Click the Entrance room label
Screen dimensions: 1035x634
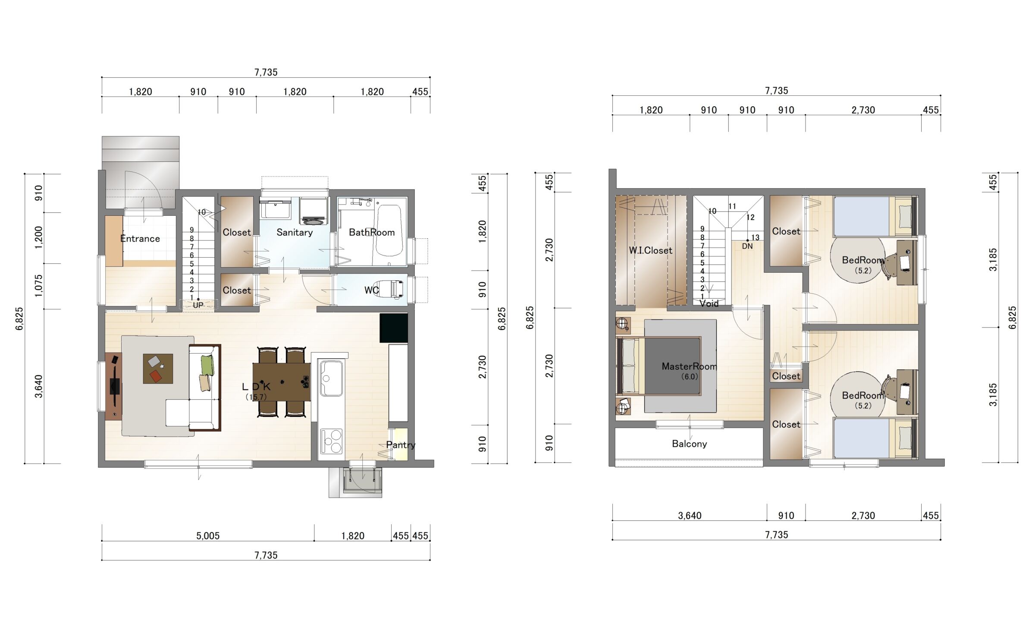click(x=140, y=239)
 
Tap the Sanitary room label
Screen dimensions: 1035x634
click(x=295, y=233)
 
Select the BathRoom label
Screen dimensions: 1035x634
click(x=372, y=233)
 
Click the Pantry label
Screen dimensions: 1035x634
click(x=401, y=445)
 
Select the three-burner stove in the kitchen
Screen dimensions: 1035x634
click(x=331, y=441)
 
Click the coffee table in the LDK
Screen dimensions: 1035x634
click(x=158, y=369)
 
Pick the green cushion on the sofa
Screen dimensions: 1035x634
click(x=207, y=365)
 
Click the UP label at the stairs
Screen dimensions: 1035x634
click(x=198, y=305)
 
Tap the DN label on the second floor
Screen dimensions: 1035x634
click(x=747, y=246)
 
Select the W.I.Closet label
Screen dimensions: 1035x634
click(x=650, y=250)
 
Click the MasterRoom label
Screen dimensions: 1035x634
click(x=689, y=366)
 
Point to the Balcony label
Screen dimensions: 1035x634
click(x=689, y=444)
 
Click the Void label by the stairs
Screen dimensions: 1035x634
click(x=709, y=304)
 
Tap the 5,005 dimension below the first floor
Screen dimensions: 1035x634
click(x=208, y=536)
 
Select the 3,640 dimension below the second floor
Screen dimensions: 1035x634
click(x=690, y=516)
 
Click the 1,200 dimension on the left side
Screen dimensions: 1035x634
click(x=39, y=238)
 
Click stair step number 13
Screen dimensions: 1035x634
click(x=755, y=238)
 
